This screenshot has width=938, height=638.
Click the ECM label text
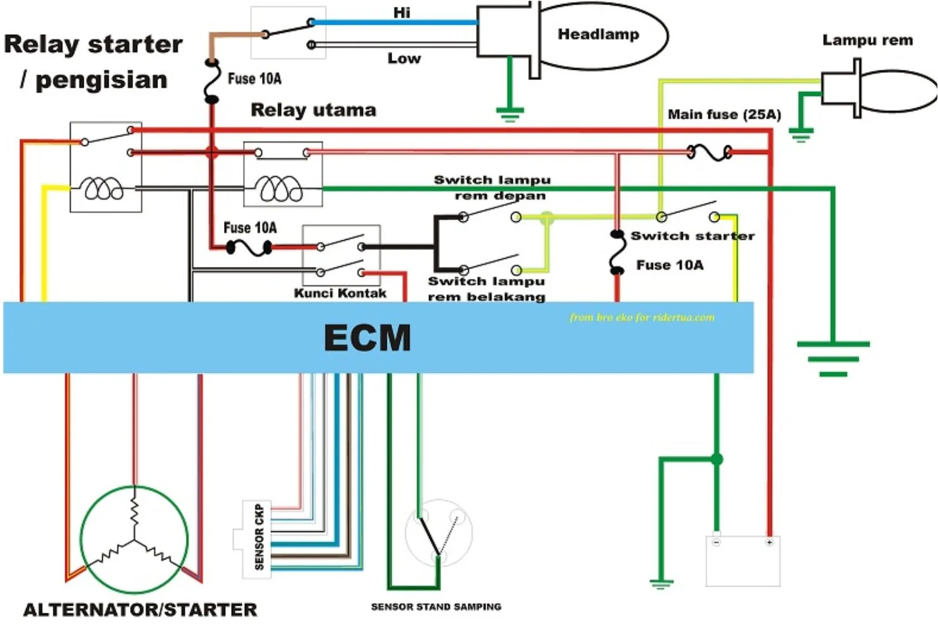[x=367, y=337]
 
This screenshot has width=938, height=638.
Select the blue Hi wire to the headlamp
[x=393, y=22]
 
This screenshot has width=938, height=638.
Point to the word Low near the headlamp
[x=404, y=58]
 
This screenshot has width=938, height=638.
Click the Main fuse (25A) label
[x=724, y=115]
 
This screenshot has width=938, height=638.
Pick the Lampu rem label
[x=868, y=41]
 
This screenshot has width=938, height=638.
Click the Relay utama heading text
[x=314, y=110]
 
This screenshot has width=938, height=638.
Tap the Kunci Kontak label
[x=340, y=293]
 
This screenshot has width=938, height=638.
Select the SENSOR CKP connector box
[x=258, y=538]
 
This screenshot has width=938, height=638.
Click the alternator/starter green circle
[x=134, y=539]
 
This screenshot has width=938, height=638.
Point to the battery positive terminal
[x=769, y=543]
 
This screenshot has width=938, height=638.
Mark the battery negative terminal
[x=717, y=543]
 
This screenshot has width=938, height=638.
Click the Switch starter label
[x=692, y=236]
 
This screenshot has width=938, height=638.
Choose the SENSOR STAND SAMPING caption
[x=436, y=607]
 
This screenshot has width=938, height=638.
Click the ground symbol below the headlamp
[x=510, y=114]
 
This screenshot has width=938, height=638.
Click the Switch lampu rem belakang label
[x=487, y=289]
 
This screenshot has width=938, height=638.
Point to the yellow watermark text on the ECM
[x=642, y=317]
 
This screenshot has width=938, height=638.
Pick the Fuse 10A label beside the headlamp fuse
[x=254, y=79]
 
